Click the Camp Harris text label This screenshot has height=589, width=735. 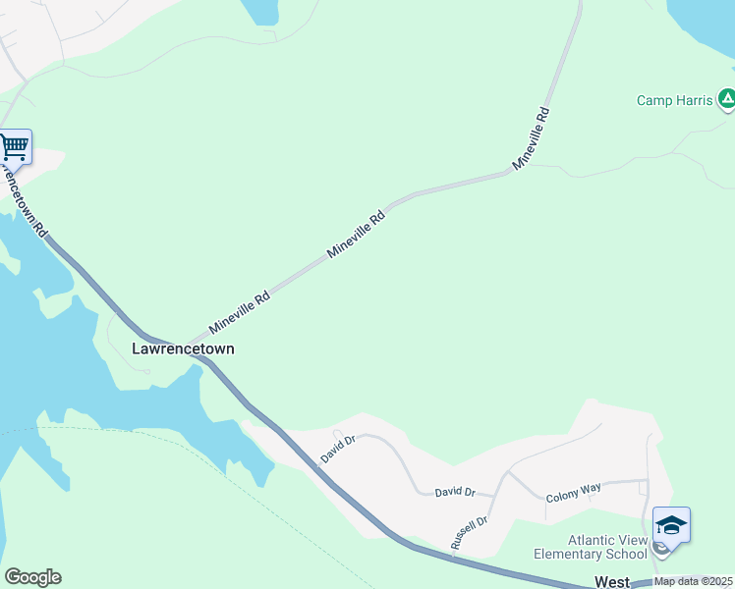pos(674,100)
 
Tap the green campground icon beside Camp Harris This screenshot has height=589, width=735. pos(726,98)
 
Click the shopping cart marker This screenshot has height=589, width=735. pos(15,147)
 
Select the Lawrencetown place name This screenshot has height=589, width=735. pos(183,348)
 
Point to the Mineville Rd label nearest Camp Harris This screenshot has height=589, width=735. pos(531,136)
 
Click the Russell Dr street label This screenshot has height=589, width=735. pos(469,533)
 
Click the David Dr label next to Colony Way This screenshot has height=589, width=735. pos(455,492)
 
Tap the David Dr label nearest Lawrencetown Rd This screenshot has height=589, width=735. pos(337,449)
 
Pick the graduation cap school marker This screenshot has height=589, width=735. pos(671,525)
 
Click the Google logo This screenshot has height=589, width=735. pos(32,577)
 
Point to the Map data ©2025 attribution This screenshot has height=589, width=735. pos(694,581)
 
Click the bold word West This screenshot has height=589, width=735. pos(612,582)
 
